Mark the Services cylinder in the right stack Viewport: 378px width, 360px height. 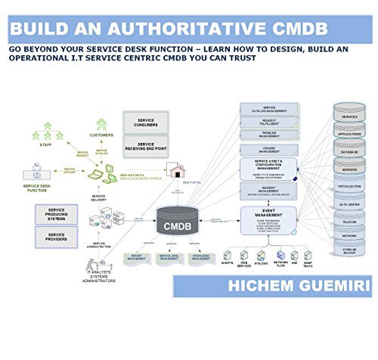click(x=349, y=117)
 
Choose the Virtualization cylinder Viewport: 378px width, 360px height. click(x=349, y=183)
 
